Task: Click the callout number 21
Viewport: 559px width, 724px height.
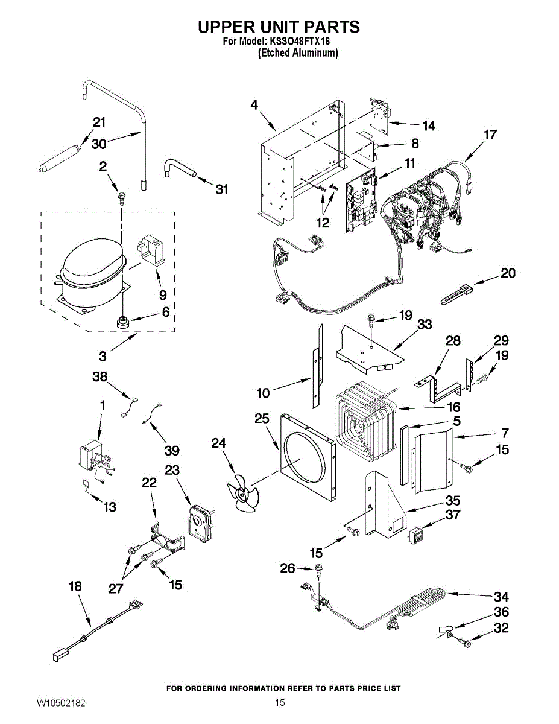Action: (99, 122)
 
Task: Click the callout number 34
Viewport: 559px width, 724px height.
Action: (501, 597)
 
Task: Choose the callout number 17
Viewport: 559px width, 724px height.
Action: (490, 135)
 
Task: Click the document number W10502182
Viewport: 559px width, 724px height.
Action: (61, 703)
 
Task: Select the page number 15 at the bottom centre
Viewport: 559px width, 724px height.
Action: (279, 703)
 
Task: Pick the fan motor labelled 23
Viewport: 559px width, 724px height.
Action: (197, 521)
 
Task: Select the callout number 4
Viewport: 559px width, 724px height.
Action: (254, 105)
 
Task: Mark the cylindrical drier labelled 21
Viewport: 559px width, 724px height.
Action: (60, 156)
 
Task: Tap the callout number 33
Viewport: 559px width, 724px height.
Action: (425, 324)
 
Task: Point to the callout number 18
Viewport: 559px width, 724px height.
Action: (75, 586)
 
